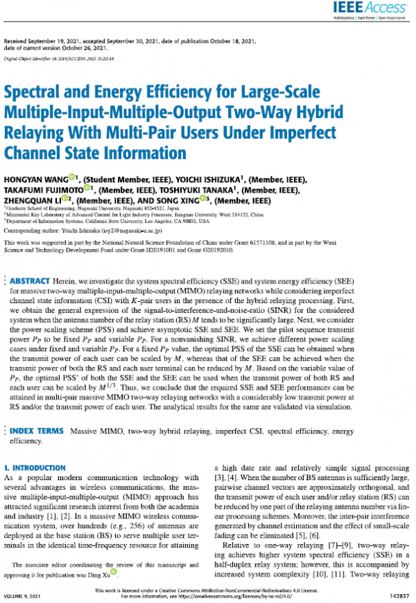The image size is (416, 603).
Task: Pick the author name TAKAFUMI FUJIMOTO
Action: pos(44,189)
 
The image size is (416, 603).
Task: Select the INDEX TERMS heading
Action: pos(40,431)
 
